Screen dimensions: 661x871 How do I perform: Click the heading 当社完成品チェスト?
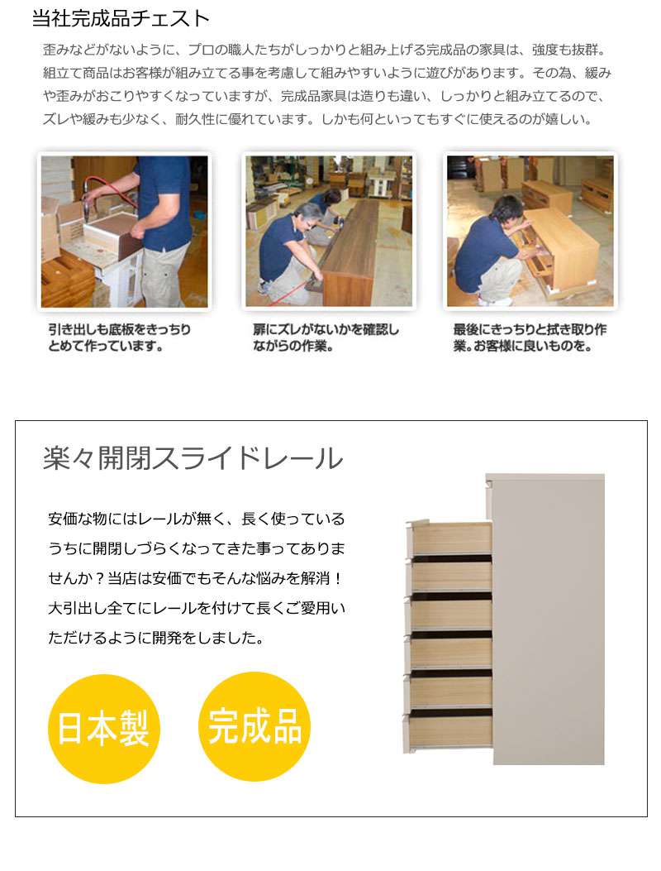121,18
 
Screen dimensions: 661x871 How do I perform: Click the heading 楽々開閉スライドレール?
193,458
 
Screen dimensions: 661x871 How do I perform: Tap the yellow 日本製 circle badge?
104,728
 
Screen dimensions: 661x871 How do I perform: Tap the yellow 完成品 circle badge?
254,726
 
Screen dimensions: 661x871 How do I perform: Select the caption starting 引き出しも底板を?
119,337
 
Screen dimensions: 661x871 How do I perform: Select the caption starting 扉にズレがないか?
326,337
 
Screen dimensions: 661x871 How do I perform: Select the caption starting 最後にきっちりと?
530,337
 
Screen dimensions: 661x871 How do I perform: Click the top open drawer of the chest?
449,537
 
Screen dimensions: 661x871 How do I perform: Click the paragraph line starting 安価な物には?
197,519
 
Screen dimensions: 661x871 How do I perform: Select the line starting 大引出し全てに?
197,608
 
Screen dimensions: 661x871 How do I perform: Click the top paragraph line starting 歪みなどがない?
324,50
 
